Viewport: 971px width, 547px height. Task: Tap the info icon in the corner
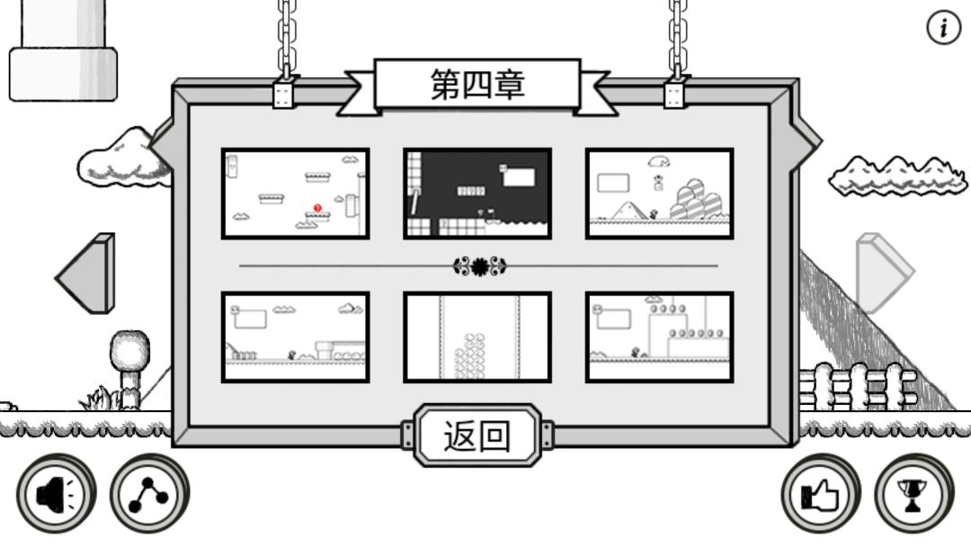[943, 27]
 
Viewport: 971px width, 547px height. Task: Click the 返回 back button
[477, 435]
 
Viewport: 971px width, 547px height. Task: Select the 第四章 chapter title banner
[477, 85]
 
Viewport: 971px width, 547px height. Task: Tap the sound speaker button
[57, 494]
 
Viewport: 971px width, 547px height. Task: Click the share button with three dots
[149, 494]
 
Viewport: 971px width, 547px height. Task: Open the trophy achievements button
[913, 494]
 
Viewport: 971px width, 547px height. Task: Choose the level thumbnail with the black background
[477, 193]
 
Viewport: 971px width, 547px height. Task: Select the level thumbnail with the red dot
[296, 193]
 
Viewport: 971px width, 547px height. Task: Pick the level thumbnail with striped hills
[660, 193]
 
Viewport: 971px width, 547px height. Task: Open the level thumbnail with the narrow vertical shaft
[477, 337]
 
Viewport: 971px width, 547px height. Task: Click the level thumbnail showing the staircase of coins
[660, 337]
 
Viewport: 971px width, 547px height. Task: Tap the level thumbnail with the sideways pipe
[296, 337]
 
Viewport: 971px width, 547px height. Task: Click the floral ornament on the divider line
[479, 266]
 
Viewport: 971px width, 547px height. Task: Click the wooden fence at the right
[858, 387]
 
